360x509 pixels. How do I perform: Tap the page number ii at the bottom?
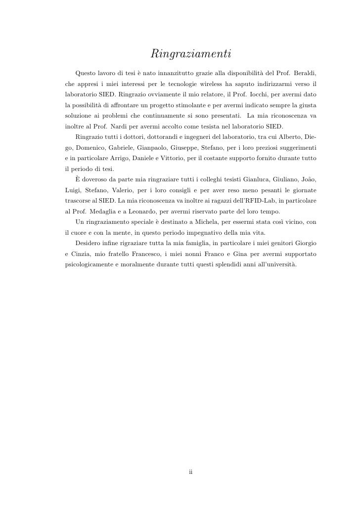tap(190, 471)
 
